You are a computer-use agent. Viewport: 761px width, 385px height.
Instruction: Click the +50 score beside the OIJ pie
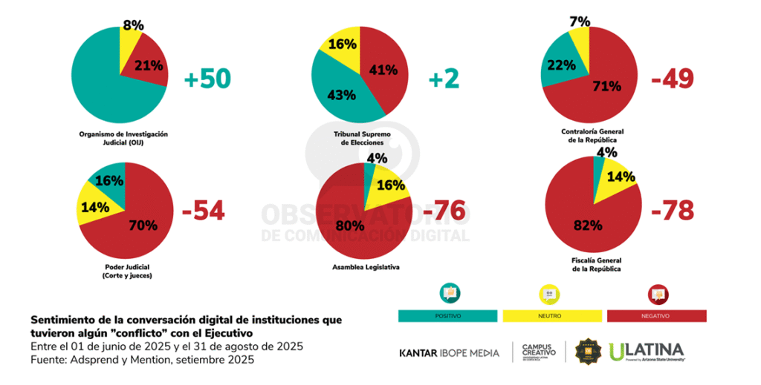coord(207,79)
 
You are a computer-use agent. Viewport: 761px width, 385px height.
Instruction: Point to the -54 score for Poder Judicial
coord(203,211)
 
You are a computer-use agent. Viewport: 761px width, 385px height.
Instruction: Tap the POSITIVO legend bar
coord(448,316)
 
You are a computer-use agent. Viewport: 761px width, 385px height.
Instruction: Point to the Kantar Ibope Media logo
coord(449,352)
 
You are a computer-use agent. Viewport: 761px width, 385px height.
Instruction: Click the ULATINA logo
coord(646,351)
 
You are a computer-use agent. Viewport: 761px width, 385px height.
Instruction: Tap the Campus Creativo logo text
coord(539,351)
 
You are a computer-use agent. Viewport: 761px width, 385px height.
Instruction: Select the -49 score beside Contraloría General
coord(672,79)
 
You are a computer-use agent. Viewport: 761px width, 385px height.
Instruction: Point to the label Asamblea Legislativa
coord(363,266)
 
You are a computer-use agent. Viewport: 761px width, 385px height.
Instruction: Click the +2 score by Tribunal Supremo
coord(445,79)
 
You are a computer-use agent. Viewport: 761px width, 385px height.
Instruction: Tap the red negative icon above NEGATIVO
coord(657,294)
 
